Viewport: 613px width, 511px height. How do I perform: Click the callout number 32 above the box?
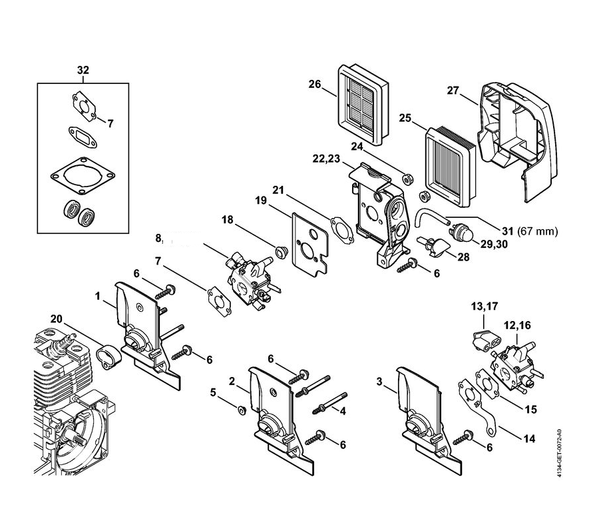(83, 70)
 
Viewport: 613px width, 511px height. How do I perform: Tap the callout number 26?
(315, 84)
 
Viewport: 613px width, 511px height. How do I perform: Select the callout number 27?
(453, 91)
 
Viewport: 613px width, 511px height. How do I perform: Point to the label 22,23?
(326, 159)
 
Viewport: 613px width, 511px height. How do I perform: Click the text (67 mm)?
(538, 231)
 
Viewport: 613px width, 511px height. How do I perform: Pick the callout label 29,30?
(494, 244)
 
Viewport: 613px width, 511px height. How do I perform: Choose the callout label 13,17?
(485, 306)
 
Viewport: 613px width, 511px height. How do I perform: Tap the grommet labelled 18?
(280, 253)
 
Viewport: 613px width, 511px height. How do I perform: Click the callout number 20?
(57, 319)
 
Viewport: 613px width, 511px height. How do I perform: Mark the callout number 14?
(529, 440)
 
